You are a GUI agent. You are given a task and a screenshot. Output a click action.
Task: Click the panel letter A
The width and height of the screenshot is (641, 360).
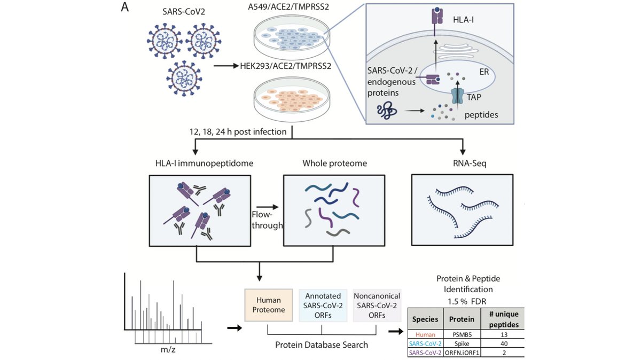click(x=125, y=7)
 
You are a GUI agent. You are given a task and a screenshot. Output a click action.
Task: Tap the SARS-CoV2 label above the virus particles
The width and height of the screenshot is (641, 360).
click(x=184, y=12)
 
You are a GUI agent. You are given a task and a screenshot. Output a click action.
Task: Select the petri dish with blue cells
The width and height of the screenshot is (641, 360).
click(x=292, y=37)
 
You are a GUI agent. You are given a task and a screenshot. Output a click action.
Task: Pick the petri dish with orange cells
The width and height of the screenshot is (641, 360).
click(x=292, y=99)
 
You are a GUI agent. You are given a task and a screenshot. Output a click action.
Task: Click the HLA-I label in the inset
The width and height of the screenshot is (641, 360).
click(x=463, y=20)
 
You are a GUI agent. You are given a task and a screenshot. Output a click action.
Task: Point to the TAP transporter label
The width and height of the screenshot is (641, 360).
click(x=474, y=97)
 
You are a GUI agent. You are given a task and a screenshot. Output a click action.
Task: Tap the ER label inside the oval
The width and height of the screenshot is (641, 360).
click(x=484, y=72)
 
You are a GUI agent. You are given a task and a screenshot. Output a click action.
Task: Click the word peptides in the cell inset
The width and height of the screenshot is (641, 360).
click(x=481, y=115)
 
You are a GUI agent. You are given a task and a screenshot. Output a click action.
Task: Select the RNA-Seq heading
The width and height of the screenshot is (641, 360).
click(x=470, y=163)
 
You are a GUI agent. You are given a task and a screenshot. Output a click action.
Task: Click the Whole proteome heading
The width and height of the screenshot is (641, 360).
click(x=334, y=163)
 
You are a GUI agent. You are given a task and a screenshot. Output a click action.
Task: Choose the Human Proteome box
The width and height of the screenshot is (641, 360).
click(x=268, y=305)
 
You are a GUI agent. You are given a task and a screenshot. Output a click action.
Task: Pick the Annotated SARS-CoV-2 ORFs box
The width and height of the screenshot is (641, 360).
click(x=323, y=306)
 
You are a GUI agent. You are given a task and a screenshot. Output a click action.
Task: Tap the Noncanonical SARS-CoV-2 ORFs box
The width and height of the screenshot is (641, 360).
click(x=377, y=306)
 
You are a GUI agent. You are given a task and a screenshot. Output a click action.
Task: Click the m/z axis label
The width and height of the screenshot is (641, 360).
click(x=168, y=349)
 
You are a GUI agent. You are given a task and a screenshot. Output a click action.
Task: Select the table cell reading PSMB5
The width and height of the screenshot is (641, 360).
click(x=462, y=334)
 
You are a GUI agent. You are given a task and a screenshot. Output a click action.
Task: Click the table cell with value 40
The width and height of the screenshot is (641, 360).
click(x=504, y=343)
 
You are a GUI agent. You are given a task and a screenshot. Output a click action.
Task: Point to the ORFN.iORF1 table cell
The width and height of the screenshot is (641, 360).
click(x=462, y=353)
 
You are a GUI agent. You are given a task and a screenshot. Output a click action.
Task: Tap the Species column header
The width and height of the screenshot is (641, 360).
click(x=425, y=319)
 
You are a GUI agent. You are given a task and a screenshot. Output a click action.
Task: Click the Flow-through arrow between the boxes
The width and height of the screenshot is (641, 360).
click(x=267, y=207)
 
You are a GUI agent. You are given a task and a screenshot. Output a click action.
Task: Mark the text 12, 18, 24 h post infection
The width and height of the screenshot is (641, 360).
click(x=238, y=131)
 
